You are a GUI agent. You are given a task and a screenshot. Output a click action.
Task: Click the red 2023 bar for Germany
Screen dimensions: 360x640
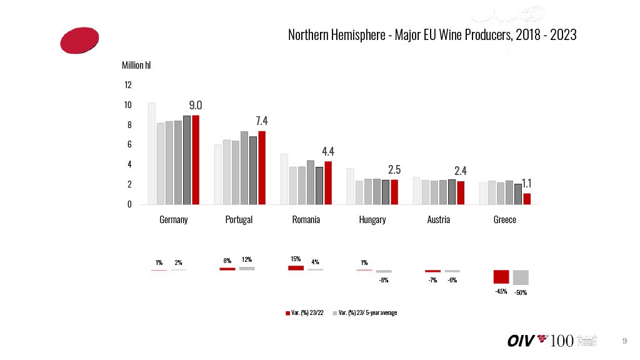(196, 160)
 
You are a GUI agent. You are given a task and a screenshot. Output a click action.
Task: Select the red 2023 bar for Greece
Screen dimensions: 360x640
(527, 199)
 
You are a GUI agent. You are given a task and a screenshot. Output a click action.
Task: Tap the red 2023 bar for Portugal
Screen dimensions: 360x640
(262, 167)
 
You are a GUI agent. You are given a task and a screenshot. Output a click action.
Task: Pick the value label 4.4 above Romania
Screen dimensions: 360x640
(328, 151)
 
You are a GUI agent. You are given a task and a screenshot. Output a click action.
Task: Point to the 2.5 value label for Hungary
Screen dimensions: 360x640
(394, 170)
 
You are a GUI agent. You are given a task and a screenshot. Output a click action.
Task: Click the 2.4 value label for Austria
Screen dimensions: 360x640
(461, 171)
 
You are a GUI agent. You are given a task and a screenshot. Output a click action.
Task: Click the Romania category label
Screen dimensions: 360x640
(306, 220)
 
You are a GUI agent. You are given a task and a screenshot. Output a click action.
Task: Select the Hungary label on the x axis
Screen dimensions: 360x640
(372, 220)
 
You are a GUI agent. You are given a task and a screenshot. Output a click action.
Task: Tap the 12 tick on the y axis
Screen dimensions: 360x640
(127, 85)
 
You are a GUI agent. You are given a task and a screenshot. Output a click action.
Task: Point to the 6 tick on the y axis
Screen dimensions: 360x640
(129, 144)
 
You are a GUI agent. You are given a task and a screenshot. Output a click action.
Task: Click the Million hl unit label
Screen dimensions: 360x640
(136, 65)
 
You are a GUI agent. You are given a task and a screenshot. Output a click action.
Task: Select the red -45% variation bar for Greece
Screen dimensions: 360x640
(501, 277)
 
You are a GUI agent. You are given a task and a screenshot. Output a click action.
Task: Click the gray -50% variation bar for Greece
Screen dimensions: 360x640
(521, 277)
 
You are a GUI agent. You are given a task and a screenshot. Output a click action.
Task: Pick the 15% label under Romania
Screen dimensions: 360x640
(296, 259)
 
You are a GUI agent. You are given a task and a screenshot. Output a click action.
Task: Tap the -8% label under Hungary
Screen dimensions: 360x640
(384, 281)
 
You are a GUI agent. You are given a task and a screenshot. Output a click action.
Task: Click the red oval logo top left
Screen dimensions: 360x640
(79, 40)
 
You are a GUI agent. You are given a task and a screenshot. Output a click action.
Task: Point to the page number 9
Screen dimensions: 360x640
(624, 341)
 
